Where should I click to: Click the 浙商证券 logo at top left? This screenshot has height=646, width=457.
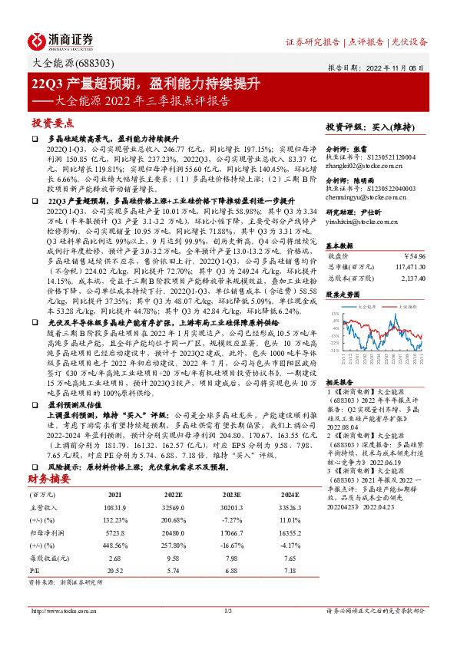(61, 41)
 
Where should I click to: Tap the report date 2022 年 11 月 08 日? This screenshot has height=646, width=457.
(403, 67)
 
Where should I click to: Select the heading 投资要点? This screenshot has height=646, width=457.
(53, 123)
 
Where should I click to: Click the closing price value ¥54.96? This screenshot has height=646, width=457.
(413, 255)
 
